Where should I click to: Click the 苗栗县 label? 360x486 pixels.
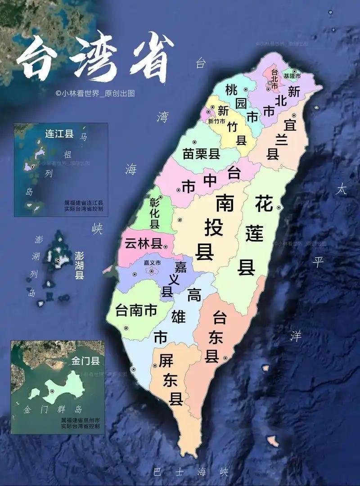coord(201,154)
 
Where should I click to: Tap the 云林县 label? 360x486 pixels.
coord(143,244)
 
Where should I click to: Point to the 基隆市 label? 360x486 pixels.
coord(292,76)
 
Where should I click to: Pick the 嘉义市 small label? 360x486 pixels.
coord(152,262)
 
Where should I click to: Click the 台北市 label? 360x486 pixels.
coord(273,77)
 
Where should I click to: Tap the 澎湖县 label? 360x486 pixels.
coord(79,266)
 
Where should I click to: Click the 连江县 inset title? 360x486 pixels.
coord(59,134)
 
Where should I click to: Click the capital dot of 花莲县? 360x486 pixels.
coord(279,207)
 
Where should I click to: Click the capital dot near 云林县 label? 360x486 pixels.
coord(166,246)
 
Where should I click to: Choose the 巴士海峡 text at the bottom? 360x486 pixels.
coord(191,472)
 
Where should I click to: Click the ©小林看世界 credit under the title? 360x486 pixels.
coord(95,94)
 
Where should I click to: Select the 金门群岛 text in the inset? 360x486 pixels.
coord(53,410)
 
